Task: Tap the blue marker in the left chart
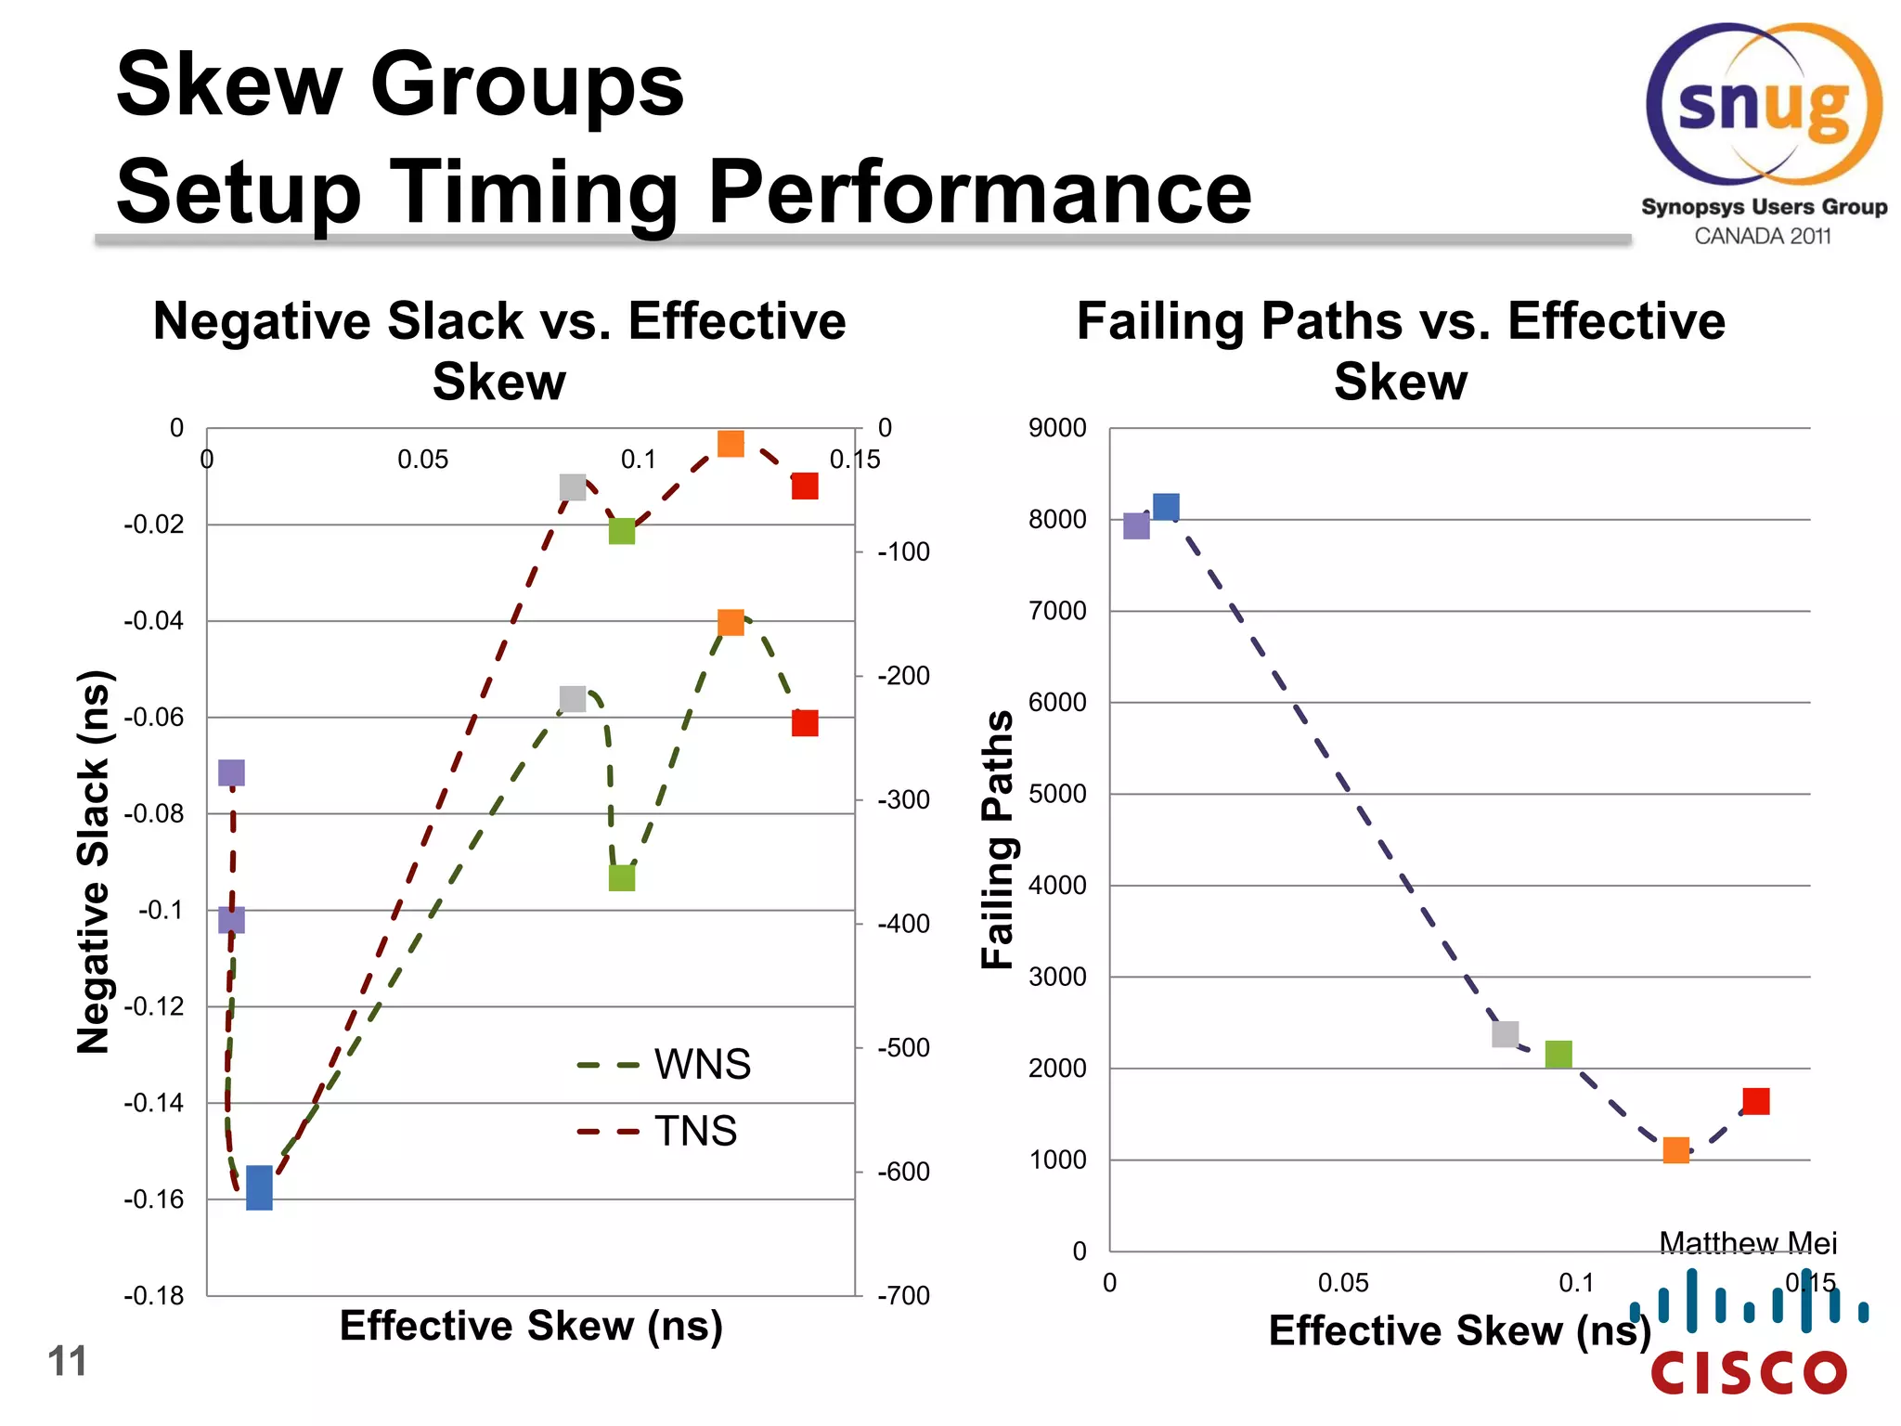click(259, 1187)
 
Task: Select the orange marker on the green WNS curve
click(731, 622)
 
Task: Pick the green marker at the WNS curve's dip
click(621, 876)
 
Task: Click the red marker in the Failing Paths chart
click(1755, 1101)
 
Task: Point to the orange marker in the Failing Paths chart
click(1675, 1150)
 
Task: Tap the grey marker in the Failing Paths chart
click(1505, 1033)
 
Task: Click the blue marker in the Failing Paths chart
click(1166, 507)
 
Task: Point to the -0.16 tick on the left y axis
click(153, 1199)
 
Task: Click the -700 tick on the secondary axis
click(903, 1295)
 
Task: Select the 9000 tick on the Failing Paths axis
click(1056, 428)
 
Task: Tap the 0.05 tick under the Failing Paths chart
click(1342, 1283)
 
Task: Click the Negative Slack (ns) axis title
click(94, 861)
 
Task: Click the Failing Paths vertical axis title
click(998, 839)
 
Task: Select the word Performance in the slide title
click(979, 192)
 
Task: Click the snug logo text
click(1764, 107)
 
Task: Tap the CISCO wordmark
click(1749, 1373)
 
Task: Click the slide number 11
click(67, 1361)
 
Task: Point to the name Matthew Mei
click(1747, 1242)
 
